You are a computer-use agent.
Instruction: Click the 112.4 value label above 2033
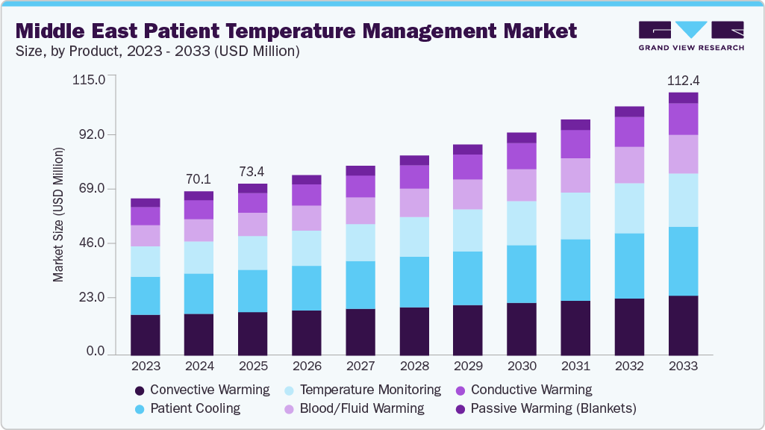click(x=683, y=81)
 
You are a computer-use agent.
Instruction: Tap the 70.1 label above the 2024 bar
click(x=199, y=179)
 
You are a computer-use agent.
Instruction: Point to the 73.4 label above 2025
click(x=252, y=171)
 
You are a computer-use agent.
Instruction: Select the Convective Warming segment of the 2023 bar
click(x=146, y=334)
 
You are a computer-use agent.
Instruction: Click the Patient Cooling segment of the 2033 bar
click(x=683, y=261)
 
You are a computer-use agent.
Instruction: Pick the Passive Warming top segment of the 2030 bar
click(x=522, y=137)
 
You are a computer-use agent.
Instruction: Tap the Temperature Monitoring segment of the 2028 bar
click(x=414, y=237)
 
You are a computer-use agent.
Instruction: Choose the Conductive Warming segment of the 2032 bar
click(x=629, y=131)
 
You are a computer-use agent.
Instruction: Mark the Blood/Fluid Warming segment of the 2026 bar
click(x=307, y=218)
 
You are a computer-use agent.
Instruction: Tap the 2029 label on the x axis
click(x=468, y=367)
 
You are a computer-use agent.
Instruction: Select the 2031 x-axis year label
click(x=575, y=367)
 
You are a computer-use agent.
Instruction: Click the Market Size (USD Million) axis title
click(x=58, y=215)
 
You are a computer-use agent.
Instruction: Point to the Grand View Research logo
click(x=691, y=36)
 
